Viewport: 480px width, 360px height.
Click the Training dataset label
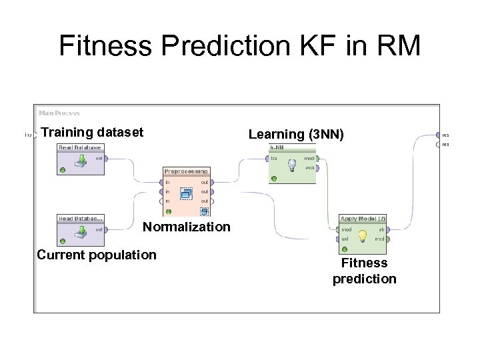coord(92,132)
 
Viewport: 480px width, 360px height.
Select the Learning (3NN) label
coord(296,134)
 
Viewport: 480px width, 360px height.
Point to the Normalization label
coord(186,227)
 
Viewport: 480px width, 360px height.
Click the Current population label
coord(97,255)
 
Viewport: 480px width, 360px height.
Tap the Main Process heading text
coord(59,113)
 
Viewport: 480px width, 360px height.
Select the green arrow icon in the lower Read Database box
coord(80,232)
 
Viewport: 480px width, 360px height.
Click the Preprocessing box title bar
coord(186,171)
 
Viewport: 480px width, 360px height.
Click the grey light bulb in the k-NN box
coord(291,164)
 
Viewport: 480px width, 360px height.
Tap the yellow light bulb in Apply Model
coord(363,235)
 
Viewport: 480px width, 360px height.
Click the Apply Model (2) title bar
coord(363,219)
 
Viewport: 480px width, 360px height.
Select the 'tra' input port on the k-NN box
coord(266,159)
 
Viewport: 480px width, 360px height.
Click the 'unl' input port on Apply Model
coord(337,239)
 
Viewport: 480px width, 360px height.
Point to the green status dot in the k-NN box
coord(273,178)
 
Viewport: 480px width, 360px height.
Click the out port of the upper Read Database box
coord(106,159)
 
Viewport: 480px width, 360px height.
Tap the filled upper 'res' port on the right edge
coord(438,135)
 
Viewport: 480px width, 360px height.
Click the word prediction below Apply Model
coord(364,279)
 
